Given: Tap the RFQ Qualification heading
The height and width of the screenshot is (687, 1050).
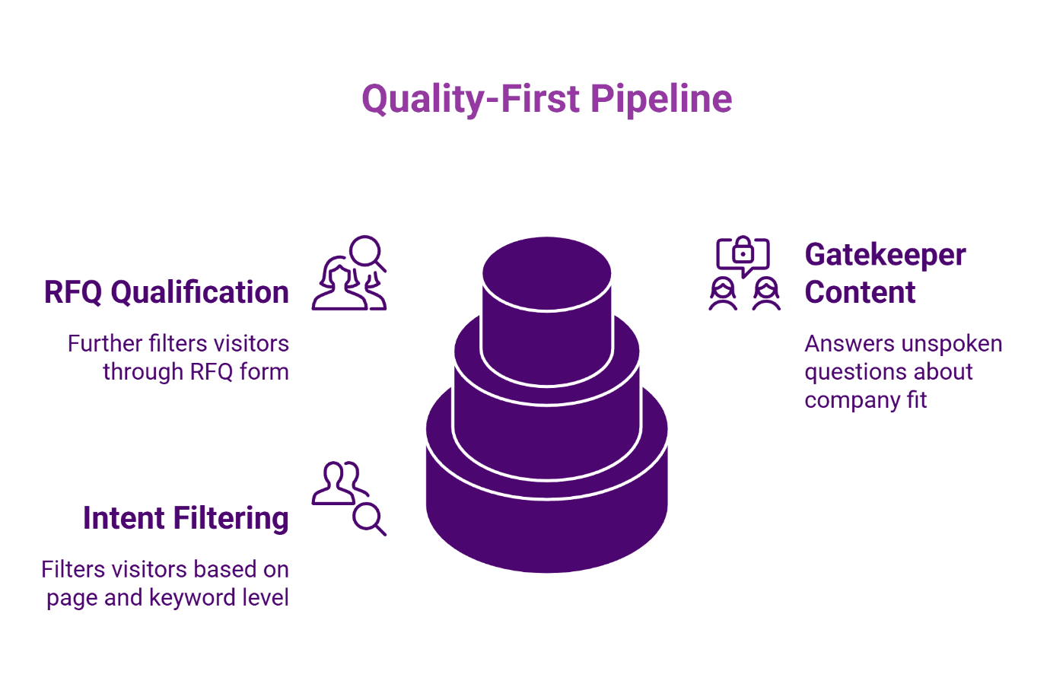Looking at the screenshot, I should click(x=166, y=292).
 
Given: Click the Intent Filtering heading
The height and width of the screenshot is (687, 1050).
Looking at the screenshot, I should click(x=186, y=518).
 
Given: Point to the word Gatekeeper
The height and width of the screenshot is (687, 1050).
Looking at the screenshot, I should click(x=885, y=255).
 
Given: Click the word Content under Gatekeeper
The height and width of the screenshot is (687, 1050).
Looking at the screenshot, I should click(x=860, y=292).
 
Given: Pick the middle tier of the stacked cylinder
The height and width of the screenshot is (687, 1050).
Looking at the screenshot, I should click(x=546, y=426).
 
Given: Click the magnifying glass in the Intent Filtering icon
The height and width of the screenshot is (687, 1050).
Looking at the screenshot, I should click(x=369, y=519).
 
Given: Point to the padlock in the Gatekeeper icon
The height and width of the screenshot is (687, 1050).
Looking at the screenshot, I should click(x=743, y=252).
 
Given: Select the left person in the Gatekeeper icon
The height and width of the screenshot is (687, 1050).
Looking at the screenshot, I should click(x=723, y=294).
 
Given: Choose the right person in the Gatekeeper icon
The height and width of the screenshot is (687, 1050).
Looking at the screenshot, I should click(x=766, y=294).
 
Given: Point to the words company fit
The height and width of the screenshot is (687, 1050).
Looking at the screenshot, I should click(x=865, y=400).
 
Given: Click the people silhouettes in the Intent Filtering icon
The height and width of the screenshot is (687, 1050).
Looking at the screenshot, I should click(x=339, y=482).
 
